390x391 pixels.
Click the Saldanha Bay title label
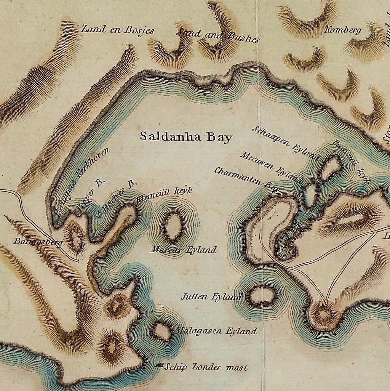pos(186,137)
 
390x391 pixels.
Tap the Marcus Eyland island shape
pos(174,227)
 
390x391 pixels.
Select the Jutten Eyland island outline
pos(262,295)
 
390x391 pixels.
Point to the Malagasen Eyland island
pos(162,332)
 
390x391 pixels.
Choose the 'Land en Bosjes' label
pos(118,29)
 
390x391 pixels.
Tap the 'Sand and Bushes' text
pos(218,35)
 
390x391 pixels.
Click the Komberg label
pos(342,30)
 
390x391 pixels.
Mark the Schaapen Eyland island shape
pos(331,168)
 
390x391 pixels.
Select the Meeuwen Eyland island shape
pos(310,194)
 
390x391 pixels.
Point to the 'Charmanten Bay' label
pos(247,177)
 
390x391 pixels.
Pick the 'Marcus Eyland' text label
pos(184,250)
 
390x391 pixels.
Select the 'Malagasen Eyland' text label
pos(216,331)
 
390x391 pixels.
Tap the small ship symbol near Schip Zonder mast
pos(160,366)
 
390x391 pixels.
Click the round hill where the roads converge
pos(325,314)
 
